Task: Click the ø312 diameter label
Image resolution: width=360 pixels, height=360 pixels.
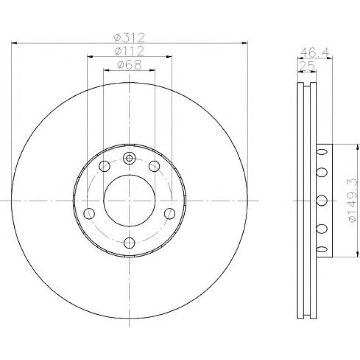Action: click(x=130, y=38)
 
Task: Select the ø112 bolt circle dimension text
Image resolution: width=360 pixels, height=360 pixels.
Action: click(x=130, y=51)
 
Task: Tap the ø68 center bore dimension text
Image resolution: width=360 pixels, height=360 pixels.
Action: click(x=130, y=64)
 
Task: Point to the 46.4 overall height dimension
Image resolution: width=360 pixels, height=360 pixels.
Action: click(x=315, y=53)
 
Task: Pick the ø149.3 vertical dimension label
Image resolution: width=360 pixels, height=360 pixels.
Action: click(x=353, y=200)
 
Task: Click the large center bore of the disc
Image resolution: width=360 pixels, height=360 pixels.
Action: click(x=129, y=201)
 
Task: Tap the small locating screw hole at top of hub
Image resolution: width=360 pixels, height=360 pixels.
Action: click(x=129, y=158)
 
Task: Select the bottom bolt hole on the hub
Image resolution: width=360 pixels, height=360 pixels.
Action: click(x=129, y=243)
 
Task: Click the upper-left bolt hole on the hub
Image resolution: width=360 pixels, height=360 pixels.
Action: click(x=105, y=166)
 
